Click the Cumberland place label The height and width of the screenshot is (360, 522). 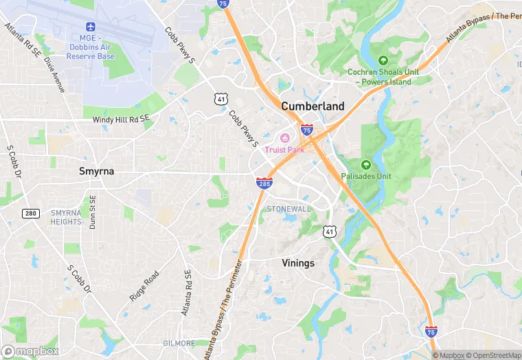click(x=313, y=106)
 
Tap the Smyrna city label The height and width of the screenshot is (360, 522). click(x=95, y=171)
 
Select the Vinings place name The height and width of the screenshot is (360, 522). click(x=298, y=263)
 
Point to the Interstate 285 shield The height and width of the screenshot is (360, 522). click(x=264, y=183)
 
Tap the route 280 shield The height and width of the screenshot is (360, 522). click(x=30, y=213)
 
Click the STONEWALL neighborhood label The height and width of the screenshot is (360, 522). click(x=288, y=208)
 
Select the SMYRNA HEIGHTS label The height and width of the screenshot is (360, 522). click(x=66, y=217)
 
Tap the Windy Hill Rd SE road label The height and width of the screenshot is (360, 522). click(x=121, y=120)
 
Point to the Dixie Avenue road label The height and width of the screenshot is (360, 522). click(x=54, y=74)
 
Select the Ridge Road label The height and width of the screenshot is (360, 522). click(x=144, y=286)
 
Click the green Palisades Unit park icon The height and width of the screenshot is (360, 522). click(x=365, y=165)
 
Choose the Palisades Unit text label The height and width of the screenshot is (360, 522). click(x=366, y=176)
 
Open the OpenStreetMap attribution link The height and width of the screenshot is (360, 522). click(x=495, y=355)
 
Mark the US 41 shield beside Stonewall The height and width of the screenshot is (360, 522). click(x=330, y=233)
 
